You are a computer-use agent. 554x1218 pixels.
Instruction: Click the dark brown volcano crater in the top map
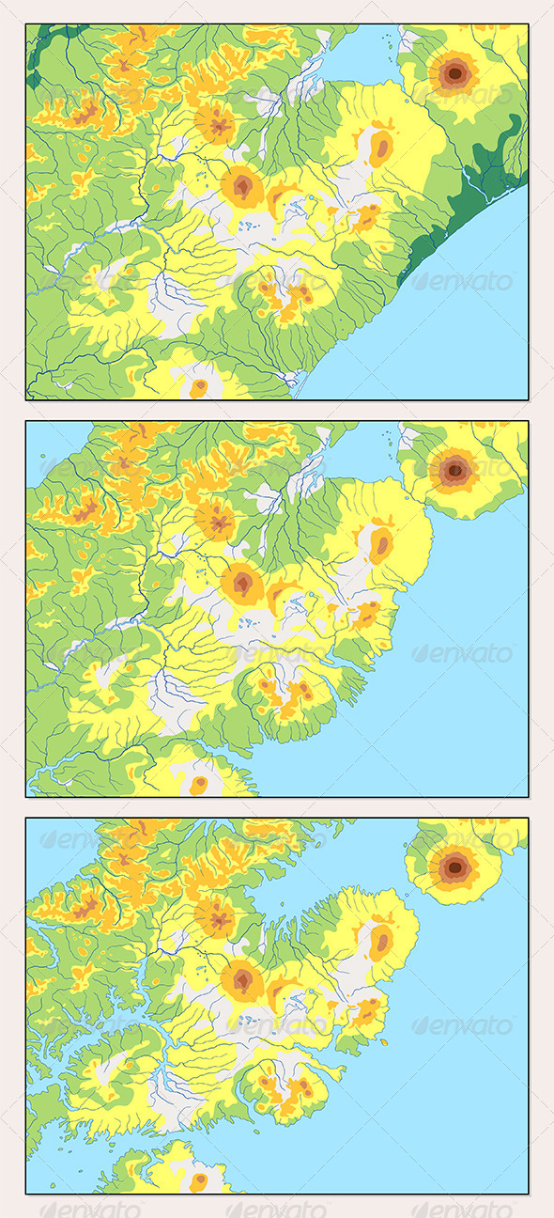(455, 71)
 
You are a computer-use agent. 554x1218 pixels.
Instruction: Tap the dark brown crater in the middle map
(455, 468)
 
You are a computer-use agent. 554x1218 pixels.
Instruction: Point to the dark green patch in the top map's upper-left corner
(42, 52)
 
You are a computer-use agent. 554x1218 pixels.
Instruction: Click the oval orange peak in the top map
(381, 147)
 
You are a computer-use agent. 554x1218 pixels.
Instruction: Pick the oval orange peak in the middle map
(381, 543)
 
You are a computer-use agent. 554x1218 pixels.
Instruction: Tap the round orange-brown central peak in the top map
(242, 188)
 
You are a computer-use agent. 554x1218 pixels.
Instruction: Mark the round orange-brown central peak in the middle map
(242, 585)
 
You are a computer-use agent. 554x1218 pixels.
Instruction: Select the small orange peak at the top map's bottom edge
(198, 386)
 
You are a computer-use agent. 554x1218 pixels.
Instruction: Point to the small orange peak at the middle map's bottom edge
(198, 784)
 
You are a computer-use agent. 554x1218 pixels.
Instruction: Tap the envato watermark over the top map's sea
(464, 281)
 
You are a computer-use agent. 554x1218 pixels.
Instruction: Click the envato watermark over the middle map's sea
(464, 653)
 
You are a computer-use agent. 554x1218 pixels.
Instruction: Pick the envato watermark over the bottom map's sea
(464, 1025)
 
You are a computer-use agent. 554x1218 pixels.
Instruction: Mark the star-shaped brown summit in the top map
(218, 123)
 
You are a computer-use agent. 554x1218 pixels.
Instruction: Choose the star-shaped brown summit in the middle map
(217, 520)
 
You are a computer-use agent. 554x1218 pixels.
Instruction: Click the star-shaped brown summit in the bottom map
(217, 917)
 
